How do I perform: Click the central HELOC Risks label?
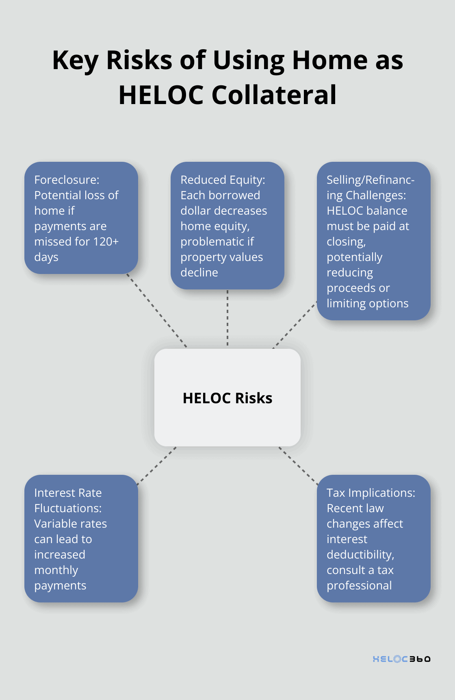(227, 398)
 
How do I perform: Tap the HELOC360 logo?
(401, 659)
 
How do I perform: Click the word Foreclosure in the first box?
(66, 180)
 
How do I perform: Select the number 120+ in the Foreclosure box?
(106, 241)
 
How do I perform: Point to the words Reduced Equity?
(222, 180)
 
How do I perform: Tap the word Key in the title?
(75, 60)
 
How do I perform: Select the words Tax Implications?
(370, 493)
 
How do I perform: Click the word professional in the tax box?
(359, 585)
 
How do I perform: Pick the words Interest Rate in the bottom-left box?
(68, 493)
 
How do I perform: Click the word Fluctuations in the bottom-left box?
(67, 508)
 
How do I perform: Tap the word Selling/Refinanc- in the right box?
(370, 180)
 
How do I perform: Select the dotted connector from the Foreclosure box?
(157, 311)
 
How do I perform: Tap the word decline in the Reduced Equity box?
(199, 272)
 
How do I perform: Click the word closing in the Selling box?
(345, 241)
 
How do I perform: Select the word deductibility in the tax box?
(360, 554)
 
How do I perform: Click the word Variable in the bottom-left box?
(52, 524)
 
